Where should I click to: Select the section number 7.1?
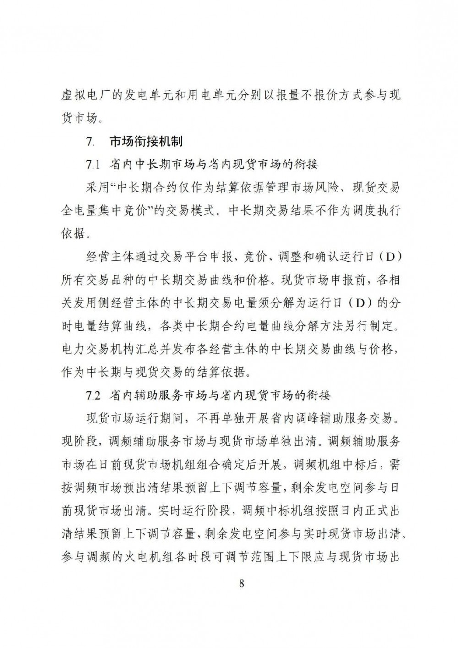coord(93,164)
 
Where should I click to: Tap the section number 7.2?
coord(94,394)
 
